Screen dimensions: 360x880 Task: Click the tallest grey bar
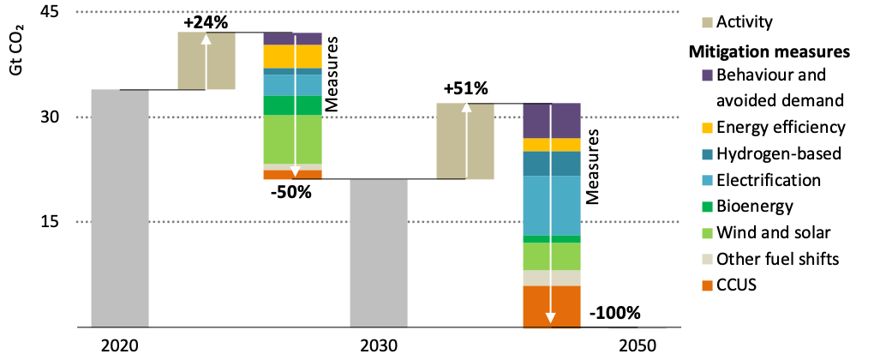point(120,208)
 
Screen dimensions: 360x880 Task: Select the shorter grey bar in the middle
point(379,254)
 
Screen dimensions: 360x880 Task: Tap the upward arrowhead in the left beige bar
point(206,39)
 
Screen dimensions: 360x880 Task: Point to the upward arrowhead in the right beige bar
point(466,107)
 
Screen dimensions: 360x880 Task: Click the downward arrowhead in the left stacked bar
point(295,171)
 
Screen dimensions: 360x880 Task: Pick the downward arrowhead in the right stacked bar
point(550,318)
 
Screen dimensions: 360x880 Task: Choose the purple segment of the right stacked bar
point(536,121)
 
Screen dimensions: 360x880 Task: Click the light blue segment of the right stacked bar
point(536,206)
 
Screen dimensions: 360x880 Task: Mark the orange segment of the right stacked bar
point(536,306)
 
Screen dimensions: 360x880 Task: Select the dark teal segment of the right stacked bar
point(536,164)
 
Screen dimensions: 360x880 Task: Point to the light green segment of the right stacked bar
point(536,256)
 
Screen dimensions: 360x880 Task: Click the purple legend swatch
point(707,75)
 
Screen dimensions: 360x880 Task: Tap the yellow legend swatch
point(707,129)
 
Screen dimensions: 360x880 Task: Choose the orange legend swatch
point(707,286)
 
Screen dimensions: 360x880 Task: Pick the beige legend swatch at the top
point(707,23)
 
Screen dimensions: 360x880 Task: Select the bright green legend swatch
point(707,207)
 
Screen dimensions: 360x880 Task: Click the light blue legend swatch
point(707,181)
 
